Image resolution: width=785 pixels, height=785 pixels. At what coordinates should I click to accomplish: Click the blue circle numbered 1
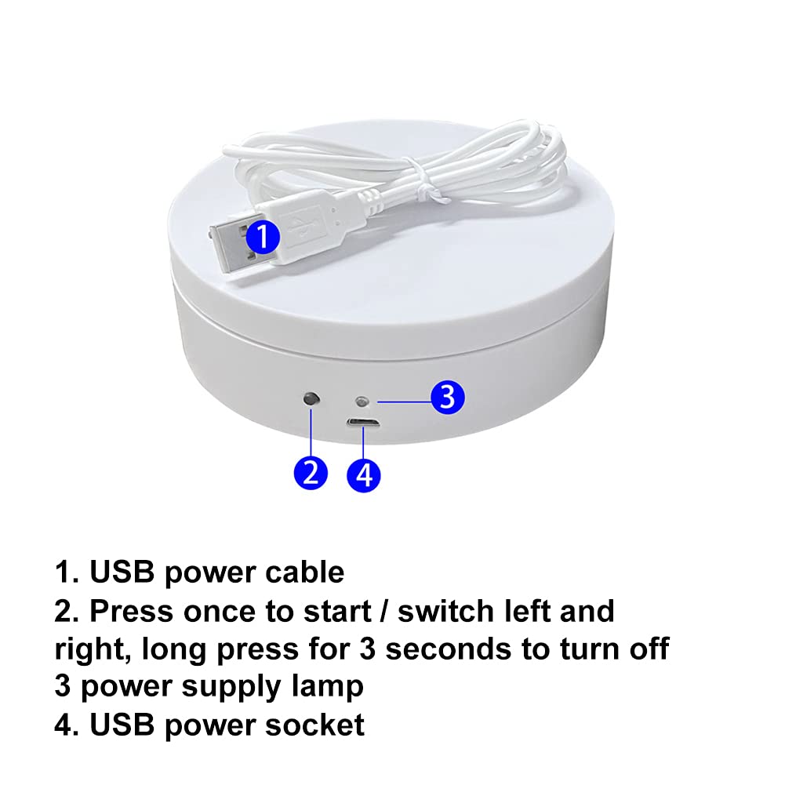click(x=263, y=236)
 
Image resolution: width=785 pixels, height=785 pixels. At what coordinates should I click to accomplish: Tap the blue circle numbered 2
click(x=311, y=473)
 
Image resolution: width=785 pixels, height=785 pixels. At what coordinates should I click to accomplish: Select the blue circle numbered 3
click(x=448, y=397)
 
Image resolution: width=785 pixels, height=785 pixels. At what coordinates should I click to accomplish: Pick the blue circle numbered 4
click(x=364, y=475)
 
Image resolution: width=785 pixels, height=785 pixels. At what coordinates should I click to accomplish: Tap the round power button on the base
click(x=311, y=399)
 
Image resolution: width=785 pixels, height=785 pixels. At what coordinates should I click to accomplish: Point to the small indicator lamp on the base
click(x=362, y=402)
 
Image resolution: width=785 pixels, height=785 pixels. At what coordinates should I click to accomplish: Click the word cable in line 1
click(x=304, y=572)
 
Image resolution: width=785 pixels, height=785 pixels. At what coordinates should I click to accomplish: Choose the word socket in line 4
click(x=314, y=725)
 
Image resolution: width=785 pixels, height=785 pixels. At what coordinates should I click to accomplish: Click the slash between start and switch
click(x=384, y=611)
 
